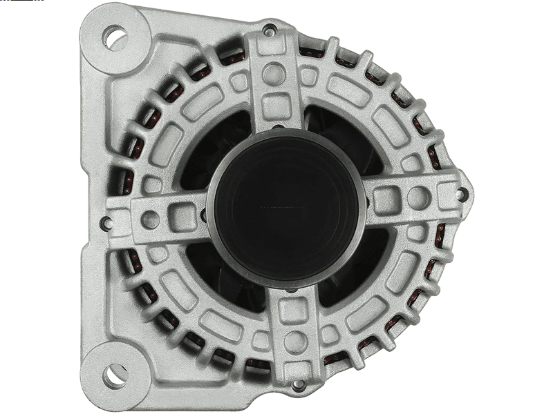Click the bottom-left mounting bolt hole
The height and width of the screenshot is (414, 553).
pos(114,376)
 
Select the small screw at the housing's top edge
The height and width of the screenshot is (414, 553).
pos(270,29)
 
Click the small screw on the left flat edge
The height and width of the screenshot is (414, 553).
pos(104,222)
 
